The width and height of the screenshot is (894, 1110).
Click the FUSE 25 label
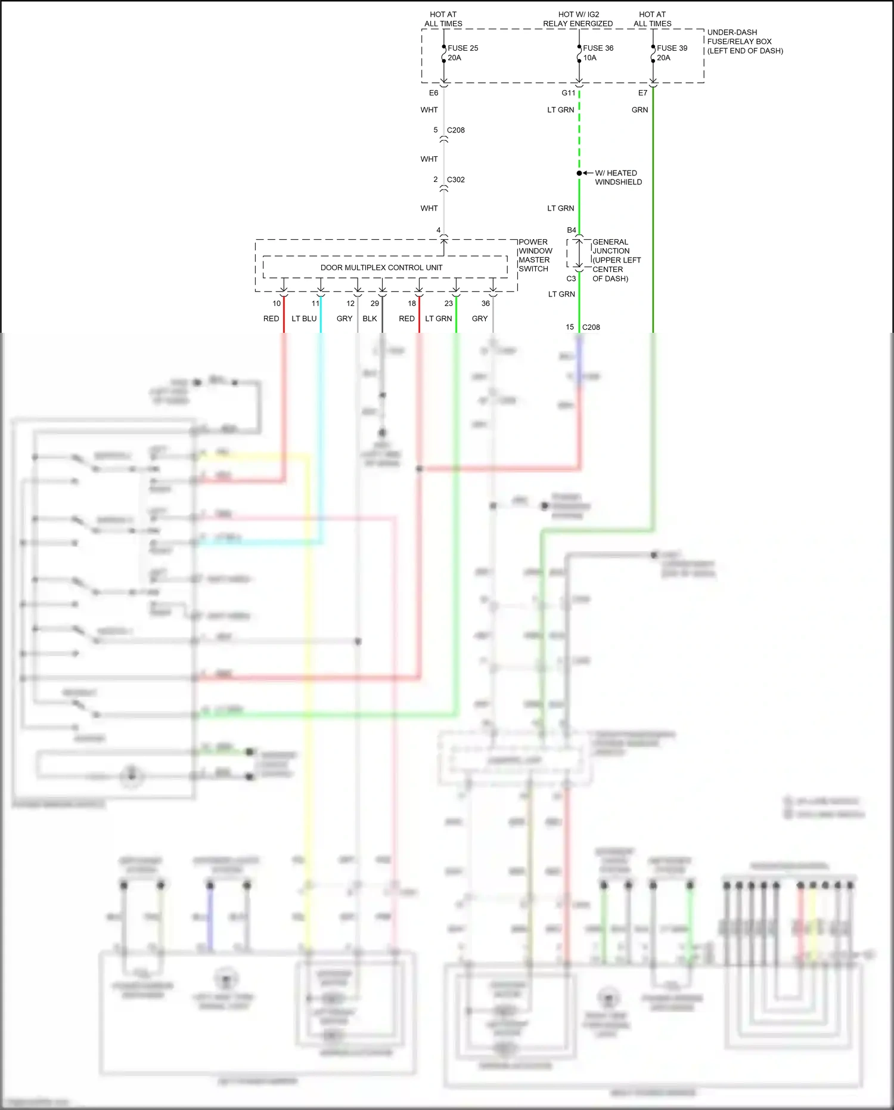point(462,48)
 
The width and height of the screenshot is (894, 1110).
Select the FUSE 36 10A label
point(597,53)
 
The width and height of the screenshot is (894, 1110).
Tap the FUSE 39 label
point(672,48)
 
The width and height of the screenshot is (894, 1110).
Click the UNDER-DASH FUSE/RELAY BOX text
point(744,42)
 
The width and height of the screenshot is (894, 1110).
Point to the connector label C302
point(455,180)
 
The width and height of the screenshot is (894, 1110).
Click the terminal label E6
point(433,93)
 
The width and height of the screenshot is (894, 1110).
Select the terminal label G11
point(568,93)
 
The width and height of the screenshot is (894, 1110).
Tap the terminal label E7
point(642,93)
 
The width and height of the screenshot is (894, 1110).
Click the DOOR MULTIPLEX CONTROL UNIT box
point(381,267)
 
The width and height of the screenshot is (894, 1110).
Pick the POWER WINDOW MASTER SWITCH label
point(535,255)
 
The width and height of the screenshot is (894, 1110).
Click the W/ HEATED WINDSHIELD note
point(618,178)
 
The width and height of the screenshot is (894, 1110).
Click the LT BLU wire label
point(304,319)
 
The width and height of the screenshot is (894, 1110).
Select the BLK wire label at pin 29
point(370,319)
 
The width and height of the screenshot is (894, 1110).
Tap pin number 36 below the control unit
point(486,304)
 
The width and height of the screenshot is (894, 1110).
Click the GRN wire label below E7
point(640,110)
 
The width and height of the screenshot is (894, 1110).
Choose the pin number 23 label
point(448,304)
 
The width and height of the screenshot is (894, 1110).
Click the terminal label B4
point(571,230)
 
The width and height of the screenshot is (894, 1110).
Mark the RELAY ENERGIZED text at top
point(578,24)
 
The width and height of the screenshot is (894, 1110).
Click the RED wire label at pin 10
point(271,319)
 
